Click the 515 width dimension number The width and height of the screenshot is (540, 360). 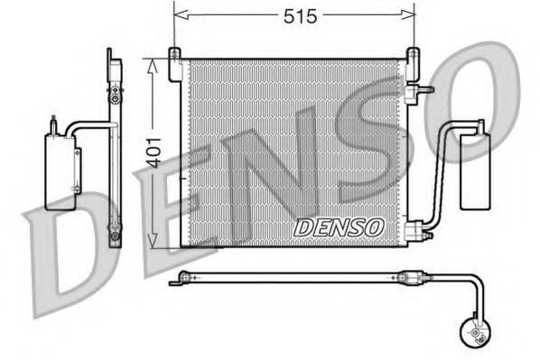pos(293,15)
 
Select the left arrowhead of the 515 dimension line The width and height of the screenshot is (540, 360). pos(178,15)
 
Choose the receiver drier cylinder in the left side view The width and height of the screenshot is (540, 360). pos(59,171)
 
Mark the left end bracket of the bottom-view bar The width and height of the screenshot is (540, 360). pos(184,279)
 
